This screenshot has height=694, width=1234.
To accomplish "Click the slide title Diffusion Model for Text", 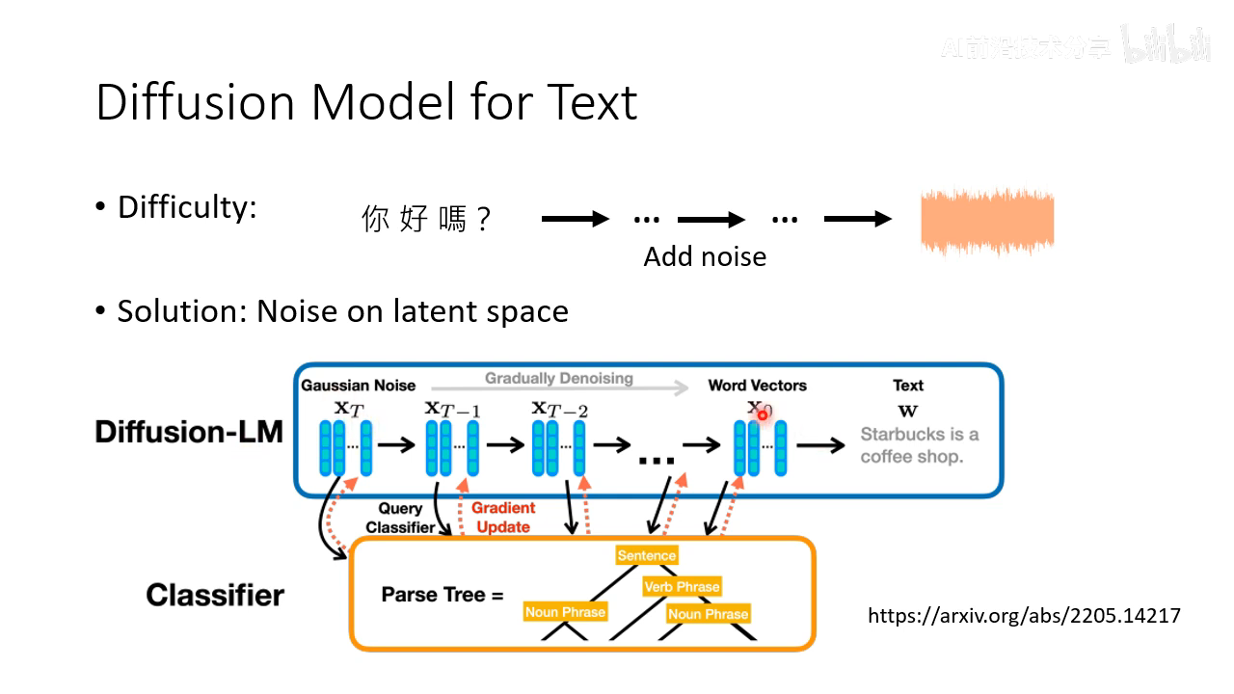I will click(366, 102).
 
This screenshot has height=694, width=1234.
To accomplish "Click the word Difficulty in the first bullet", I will click(187, 207).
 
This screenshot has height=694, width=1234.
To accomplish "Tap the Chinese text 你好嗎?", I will click(426, 220).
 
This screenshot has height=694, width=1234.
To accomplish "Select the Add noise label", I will click(705, 256).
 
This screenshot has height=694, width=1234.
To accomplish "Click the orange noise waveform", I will click(987, 222).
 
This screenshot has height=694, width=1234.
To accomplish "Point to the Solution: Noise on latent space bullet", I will click(342, 311).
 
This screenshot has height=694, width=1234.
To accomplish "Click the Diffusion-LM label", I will click(189, 432).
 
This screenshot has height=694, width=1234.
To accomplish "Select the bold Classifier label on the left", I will click(215, 595).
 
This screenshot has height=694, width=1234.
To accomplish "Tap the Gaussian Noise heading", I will click(358, 386).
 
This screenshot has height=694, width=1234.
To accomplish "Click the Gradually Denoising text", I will click(558, 378).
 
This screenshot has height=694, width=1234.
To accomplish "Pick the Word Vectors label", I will click(757, 386).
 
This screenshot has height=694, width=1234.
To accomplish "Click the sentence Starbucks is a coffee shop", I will click(918, 445).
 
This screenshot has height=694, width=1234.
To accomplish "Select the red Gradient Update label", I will click(503, 518).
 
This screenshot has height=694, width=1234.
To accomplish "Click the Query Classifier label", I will click(400, 518).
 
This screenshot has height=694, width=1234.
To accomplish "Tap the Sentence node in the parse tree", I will click(647, 555).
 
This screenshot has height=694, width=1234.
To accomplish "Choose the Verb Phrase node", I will click(682, 586).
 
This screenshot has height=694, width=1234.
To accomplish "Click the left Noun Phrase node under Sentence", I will click(565, 611).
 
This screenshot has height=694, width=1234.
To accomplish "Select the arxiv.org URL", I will click(1024, 615).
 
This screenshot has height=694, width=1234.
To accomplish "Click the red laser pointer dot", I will click(762, 414).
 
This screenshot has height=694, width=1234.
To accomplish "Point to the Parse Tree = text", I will click(443, 595).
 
